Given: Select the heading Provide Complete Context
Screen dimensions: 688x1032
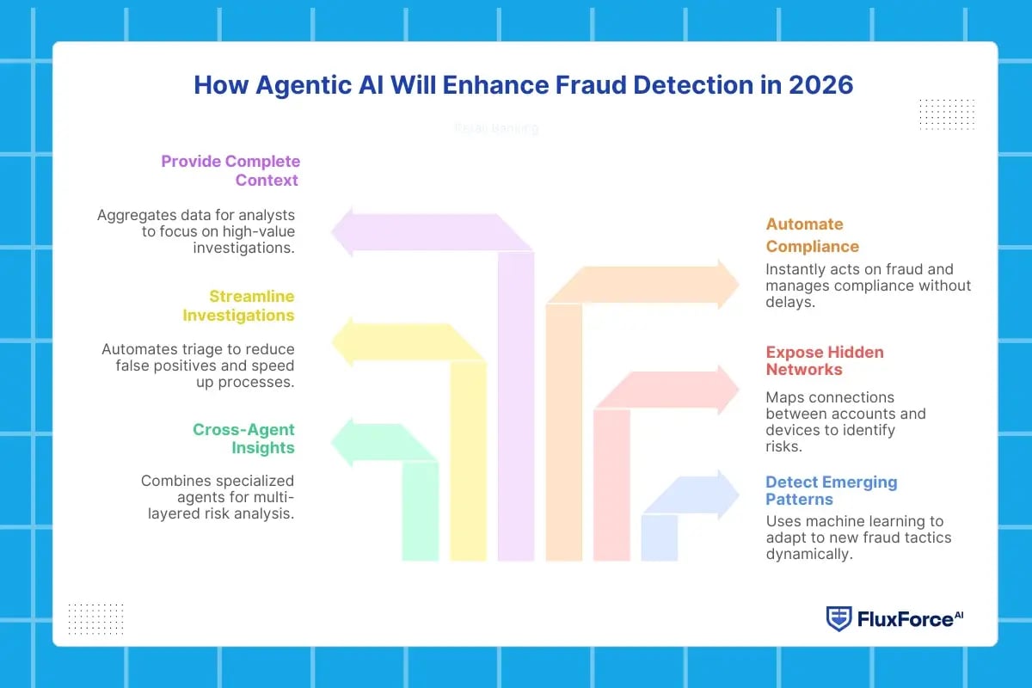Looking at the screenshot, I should [x=230, y=170].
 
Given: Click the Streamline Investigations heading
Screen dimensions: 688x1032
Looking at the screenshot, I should [x=239, y=305].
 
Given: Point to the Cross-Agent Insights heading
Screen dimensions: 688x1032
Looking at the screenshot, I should [x=243, y=439].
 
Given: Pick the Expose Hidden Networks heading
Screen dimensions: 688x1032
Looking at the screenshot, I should [x=825, y=360].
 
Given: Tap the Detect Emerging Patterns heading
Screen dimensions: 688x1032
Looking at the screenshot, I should [x=831, y=490].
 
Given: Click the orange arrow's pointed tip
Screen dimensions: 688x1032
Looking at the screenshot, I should [x=737, y=285].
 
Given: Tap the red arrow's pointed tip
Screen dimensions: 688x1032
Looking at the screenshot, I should [x=737, y=390].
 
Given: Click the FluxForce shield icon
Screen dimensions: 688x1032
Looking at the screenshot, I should [x=838, y=618].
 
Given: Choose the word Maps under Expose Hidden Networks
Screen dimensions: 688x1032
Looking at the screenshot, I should [x=783, y=397].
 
